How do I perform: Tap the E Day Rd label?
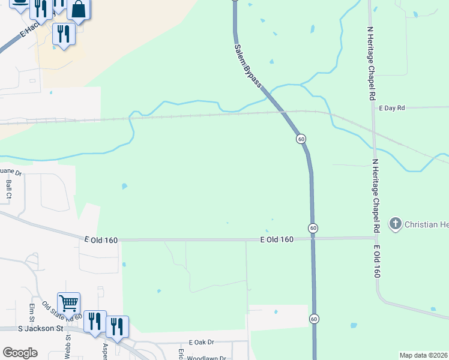(x=393, y=108)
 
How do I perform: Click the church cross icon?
(x=395, y=224)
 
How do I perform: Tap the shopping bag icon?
(x=79, y=9)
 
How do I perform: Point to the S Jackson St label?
(x=40, y=329)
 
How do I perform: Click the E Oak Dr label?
(x=200, y=342)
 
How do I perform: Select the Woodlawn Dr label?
(x=206, y=358)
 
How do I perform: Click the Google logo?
(x=19, y=353)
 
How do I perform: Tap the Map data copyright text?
(x=423, y=355)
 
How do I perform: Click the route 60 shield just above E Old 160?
(x=313, y=228)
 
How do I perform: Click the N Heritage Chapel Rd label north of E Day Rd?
(x=372, y=63)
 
